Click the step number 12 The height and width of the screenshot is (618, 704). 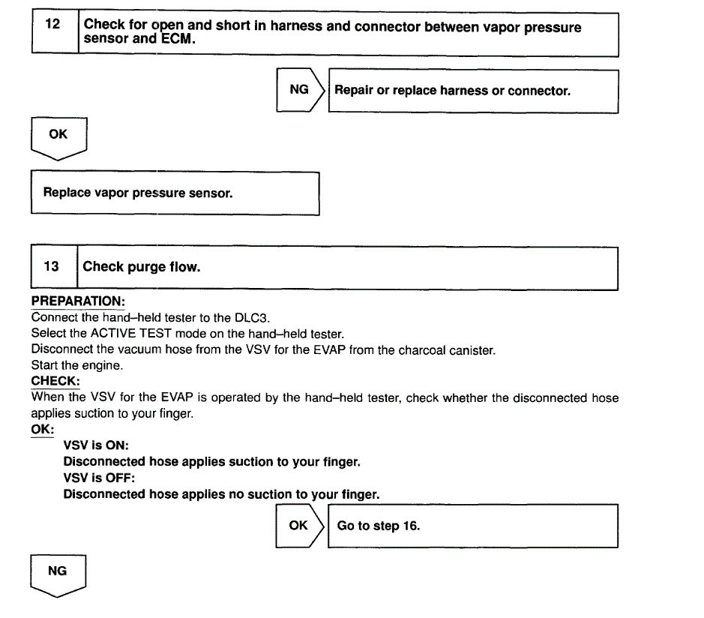click(52, 23)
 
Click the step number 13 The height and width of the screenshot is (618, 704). click(51, 266)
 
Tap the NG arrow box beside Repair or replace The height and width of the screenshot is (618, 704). click(300, 90)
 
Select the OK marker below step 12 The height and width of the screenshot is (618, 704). click(58, 135)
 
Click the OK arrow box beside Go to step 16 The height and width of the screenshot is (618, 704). click(299, 525)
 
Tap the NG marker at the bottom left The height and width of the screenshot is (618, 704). click(57, 571)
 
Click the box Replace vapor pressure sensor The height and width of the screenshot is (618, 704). click(138, 193)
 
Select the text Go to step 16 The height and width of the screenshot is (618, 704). click(379, 526)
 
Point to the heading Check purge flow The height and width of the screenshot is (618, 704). click(142, 266)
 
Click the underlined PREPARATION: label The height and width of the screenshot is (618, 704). click(77, 301)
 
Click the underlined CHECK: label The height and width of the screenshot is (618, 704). click(55, 381)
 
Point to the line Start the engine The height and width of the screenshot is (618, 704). click(76, 365)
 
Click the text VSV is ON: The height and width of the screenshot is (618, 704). click(96, 445)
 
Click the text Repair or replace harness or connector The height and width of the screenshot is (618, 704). click(452, 91)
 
